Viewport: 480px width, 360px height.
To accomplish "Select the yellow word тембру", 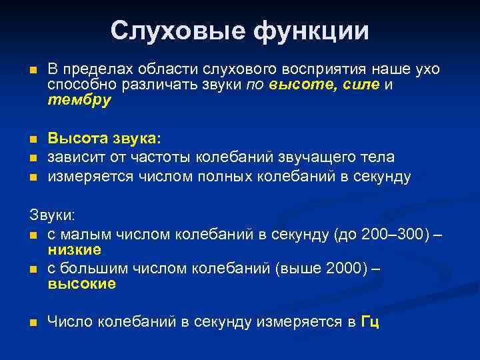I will coord(79,101).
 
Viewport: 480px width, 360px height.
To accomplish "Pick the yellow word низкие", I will coord(74,249).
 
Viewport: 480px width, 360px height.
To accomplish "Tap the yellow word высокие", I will coord(82,284).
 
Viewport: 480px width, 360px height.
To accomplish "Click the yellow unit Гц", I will coord(370,322).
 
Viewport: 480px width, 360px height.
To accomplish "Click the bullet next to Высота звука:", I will coord(33,139).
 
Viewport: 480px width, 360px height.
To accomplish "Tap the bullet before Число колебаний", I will coord(33,323).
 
